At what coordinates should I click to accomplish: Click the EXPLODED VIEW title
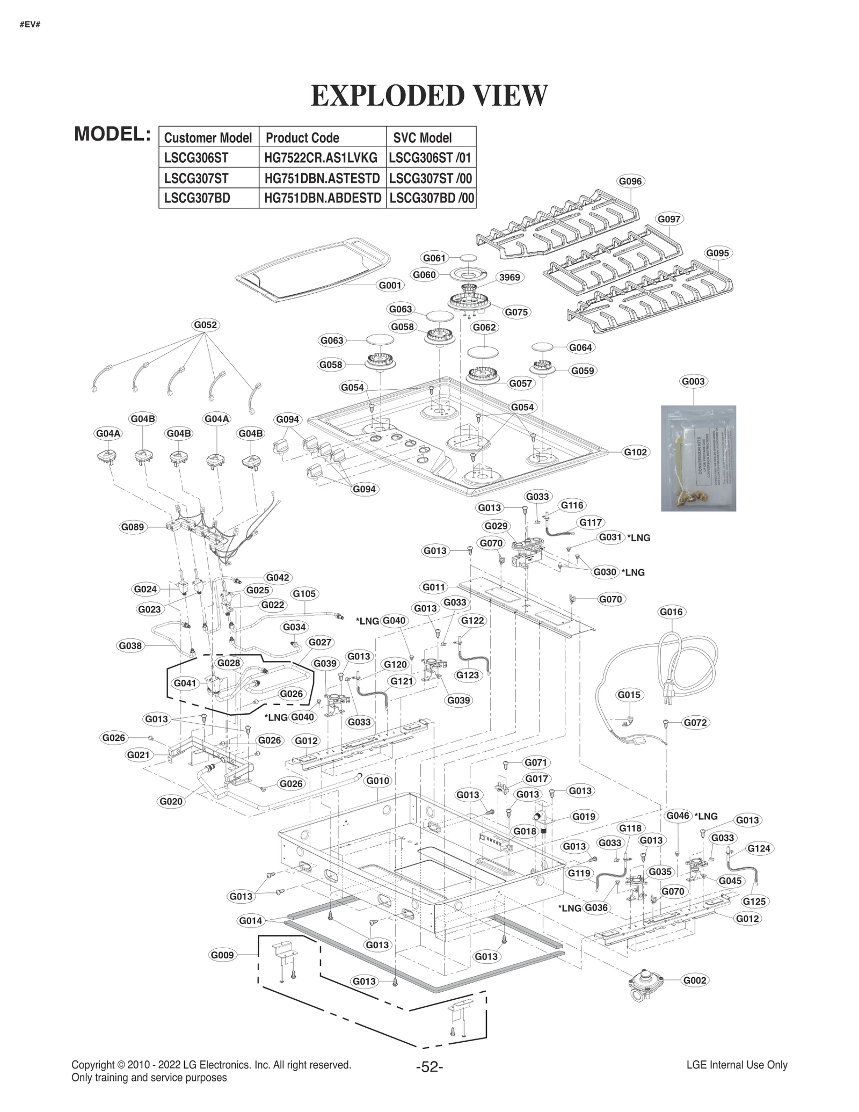pos(429,96)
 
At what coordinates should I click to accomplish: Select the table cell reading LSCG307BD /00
pos(431,198)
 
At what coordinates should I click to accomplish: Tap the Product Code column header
pos(302,138)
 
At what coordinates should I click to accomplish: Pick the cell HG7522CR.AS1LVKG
pos(322,158)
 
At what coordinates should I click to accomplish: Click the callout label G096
pos(630,181)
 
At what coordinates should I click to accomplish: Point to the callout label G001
pos(390,285)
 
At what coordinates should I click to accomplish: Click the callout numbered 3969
pos(509,277)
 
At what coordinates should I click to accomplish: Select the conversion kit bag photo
pos(698,457)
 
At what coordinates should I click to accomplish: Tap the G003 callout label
pos(693,381)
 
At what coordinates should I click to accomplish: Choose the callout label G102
pos(635,452)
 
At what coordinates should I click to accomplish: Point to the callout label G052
pos(206,325)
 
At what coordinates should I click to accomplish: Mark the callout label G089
pos(133,527)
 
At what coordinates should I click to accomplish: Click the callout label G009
pos(222,955)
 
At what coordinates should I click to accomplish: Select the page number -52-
pos(429,1066)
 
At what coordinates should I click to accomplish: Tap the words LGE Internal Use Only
pos(737,1065)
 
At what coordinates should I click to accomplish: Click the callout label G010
pos(377,781)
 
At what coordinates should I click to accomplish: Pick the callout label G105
pos(304,593)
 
